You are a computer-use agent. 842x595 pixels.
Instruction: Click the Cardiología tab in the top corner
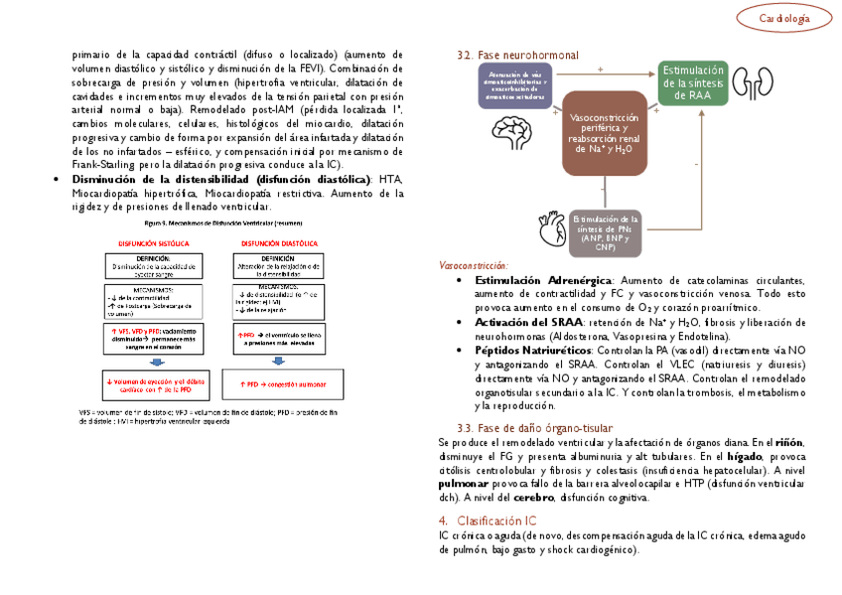783,18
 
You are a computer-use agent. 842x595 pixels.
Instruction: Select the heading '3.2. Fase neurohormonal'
517,56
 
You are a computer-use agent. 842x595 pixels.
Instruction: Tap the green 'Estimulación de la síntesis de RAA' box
693,82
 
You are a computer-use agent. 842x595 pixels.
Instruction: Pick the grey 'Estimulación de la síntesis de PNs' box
606,231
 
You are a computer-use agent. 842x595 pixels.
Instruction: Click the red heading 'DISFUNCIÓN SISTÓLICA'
154,242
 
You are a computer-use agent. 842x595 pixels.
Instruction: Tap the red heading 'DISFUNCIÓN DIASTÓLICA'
278,242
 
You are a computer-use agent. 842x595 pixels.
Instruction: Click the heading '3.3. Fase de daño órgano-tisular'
527,427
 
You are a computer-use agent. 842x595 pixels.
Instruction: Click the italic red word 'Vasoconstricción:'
473,266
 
